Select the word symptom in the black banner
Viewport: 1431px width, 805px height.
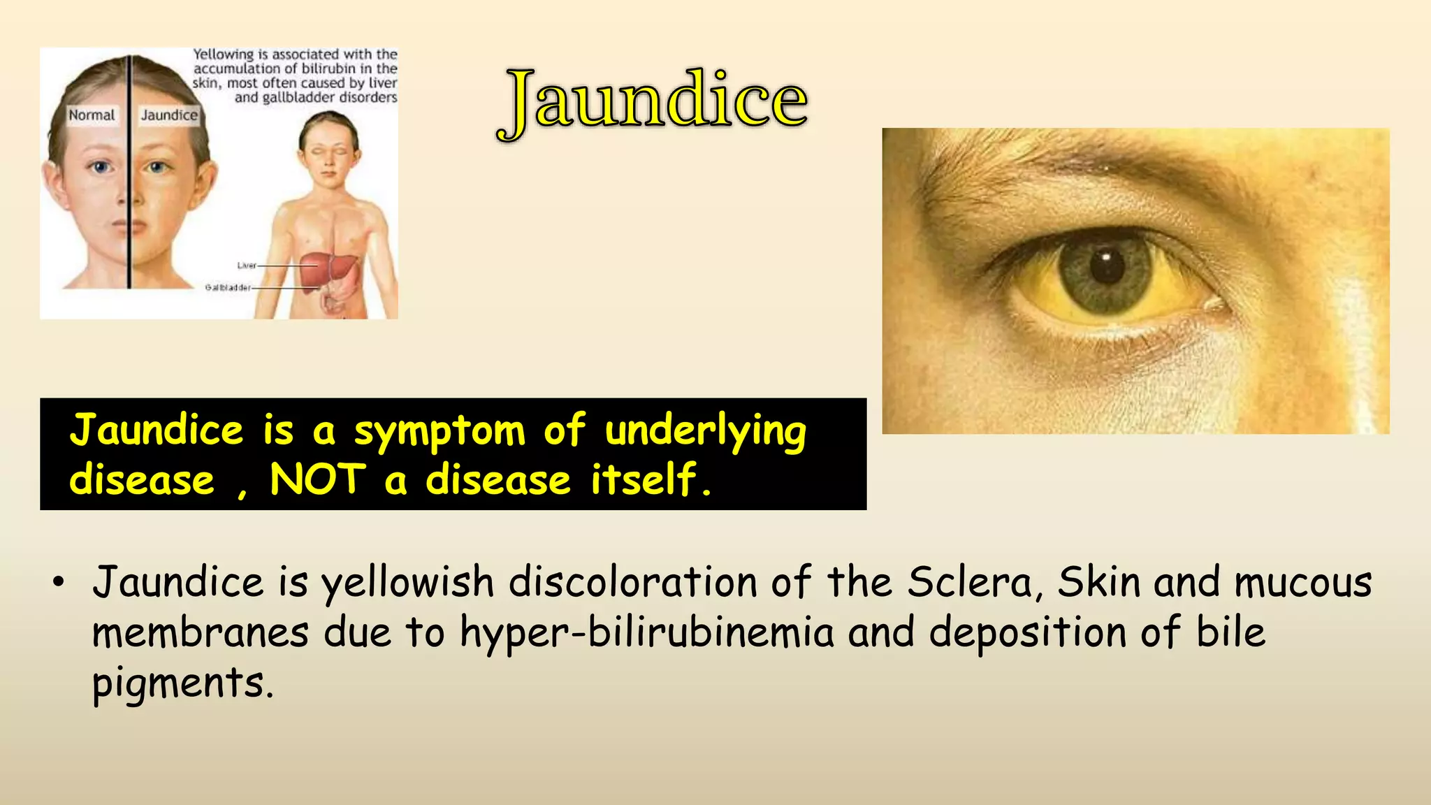[x=440, y=431]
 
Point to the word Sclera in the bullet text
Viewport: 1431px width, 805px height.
[x=970, y=582]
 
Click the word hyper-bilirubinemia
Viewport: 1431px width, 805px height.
[x=647, y=633]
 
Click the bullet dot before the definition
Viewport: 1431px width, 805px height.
[x=59, y=581]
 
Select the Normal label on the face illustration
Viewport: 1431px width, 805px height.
[x=92, y=115]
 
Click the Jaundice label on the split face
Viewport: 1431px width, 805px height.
[x=169, y=115]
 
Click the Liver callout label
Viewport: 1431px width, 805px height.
[x=247, y=266]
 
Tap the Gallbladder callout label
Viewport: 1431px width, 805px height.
[x=228, y=287]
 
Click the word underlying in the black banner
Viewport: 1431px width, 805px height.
[x=706, y=431]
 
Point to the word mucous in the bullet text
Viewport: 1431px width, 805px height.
[x=1304, y=582]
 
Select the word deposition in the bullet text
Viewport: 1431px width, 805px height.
[x=1027, y=633]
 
